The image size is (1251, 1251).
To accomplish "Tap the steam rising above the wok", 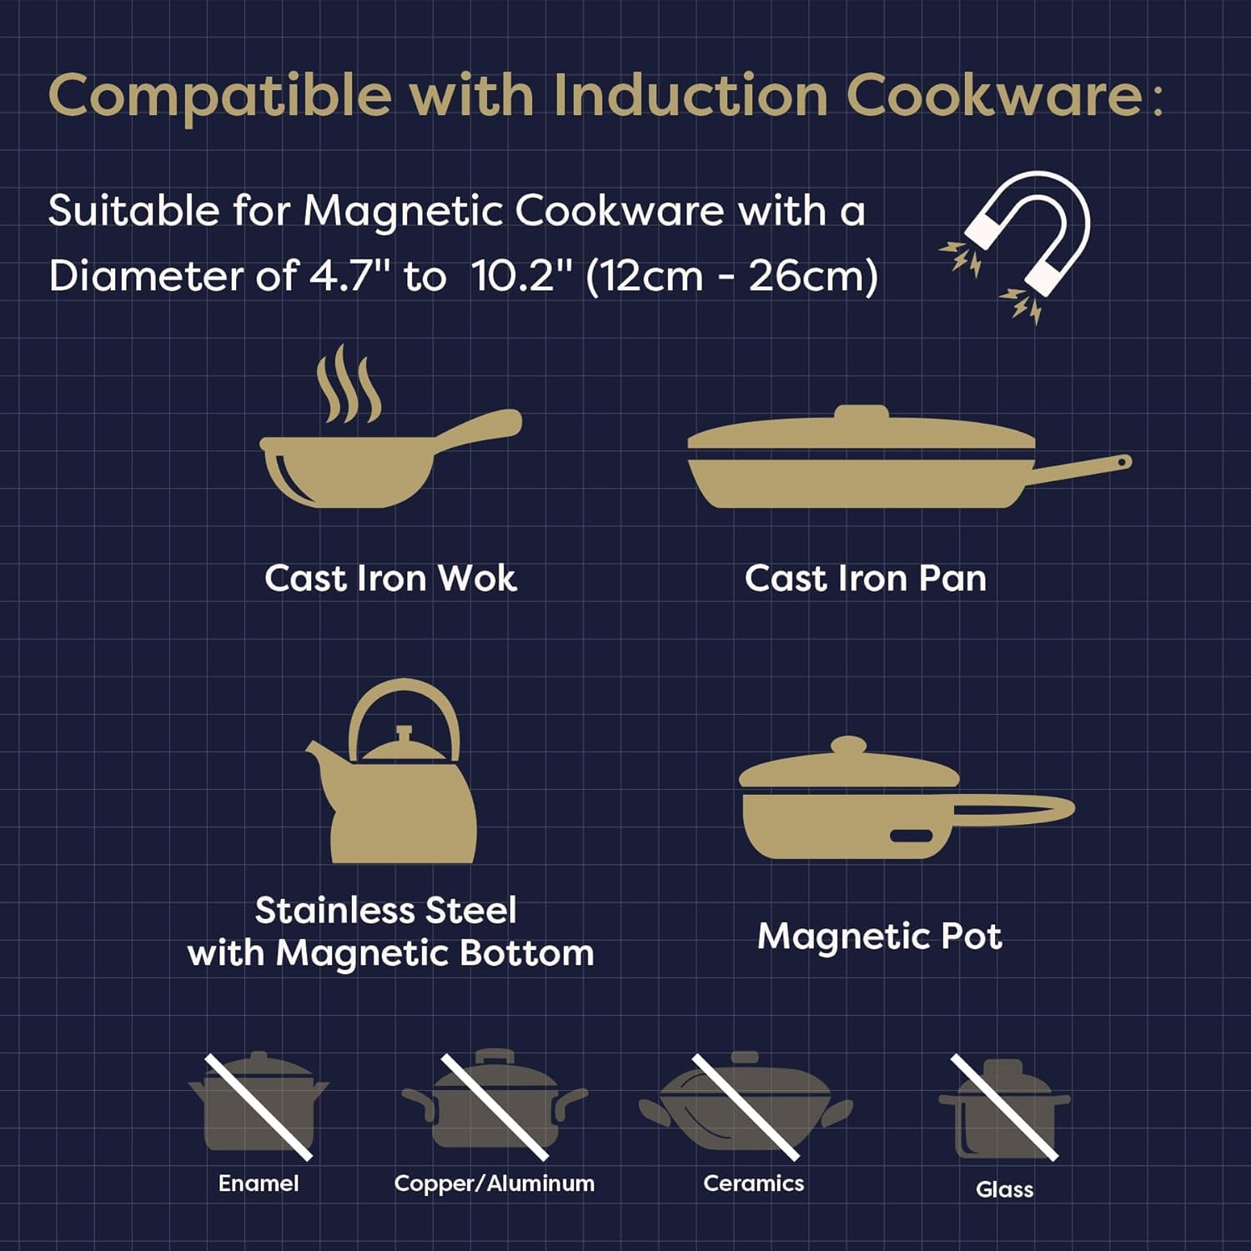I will point(349,385).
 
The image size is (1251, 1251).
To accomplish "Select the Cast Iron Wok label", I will point(390,578).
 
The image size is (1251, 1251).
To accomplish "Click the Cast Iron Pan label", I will point(865,578).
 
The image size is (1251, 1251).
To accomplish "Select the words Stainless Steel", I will point(385,910).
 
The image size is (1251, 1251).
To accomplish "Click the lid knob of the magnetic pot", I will point(848,745).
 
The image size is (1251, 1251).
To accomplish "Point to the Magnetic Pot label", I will point(879,936).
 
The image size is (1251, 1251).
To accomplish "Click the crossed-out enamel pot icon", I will point(259,1105).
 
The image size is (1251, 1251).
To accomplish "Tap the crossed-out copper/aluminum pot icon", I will point(495,1105).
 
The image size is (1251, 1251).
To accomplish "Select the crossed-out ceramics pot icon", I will point(745,1105).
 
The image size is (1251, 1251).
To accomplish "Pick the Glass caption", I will point(1004,1189).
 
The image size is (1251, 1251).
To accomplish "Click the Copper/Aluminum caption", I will point(494,1183).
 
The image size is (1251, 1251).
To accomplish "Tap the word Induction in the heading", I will point(691,95).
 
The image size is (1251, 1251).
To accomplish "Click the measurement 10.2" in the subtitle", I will point(523,276).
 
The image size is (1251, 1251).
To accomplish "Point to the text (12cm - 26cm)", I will point(731,276).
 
